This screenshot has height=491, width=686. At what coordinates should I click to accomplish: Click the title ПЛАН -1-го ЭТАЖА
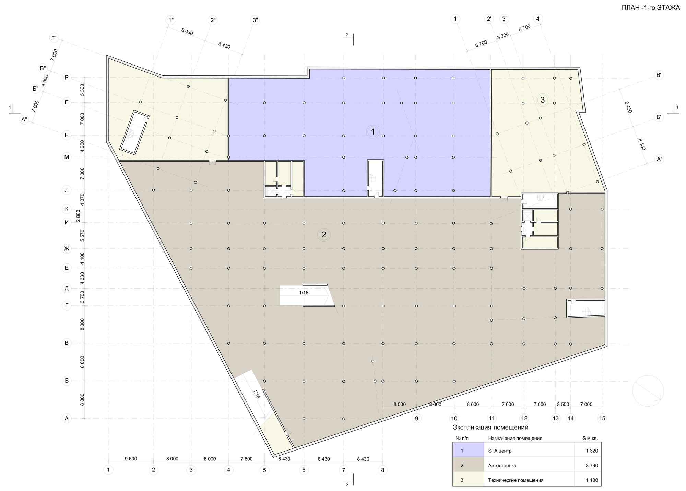click(x=650, y=8)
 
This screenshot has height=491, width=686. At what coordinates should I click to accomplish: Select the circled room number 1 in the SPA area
click(x=372, y=132)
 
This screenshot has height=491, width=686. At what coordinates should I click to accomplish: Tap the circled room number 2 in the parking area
click(x=324, y=235)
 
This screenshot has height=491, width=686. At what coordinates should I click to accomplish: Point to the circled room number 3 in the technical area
click(x=542, y=100)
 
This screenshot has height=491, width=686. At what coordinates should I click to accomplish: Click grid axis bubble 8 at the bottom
click(x=383, y=470)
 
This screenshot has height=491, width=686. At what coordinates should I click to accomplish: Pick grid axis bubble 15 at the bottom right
click(x=602, y=418)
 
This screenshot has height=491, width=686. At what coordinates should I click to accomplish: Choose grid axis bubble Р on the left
click(x=67, y=78)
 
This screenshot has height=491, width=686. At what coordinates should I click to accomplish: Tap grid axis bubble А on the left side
click(x=67, y=418)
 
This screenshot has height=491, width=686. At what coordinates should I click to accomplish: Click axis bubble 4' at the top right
click(x=538, y=19)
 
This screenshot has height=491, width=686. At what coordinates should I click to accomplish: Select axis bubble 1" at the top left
click(x=170, y=20)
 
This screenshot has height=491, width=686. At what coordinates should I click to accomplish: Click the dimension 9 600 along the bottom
click(x=131, y=459)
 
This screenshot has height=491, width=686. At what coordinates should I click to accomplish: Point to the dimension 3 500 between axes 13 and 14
click(x=563, y=405)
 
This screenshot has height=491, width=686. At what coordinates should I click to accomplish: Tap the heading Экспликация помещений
click(x=490, y=428)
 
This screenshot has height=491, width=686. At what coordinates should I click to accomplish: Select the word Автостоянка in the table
click(x=502, y=466)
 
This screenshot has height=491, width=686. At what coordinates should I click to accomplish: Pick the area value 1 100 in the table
click(x=592, y=480)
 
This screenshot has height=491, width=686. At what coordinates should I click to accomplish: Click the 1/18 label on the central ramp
click(x=304, y=293)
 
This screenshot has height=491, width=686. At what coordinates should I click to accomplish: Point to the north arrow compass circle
click(x=648, y=391)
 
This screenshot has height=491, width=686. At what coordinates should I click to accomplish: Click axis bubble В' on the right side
click(x=659, y=75)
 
